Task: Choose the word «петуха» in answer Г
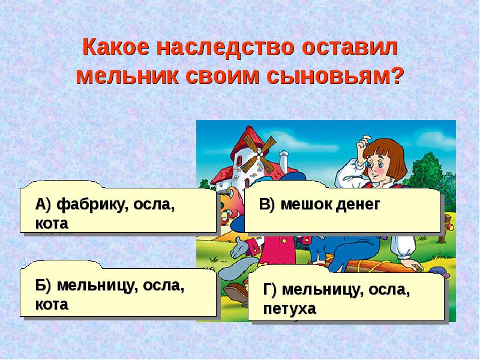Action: click(x=289, y=309)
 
